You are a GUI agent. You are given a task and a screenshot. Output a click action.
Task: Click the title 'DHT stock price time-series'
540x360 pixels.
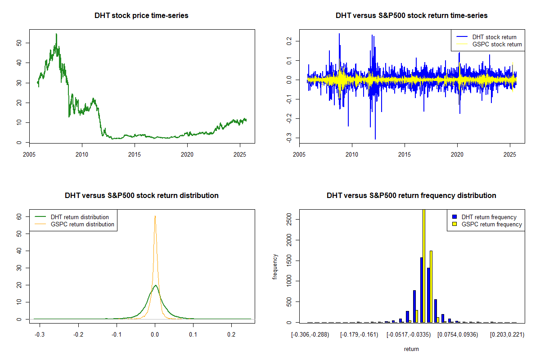pyautogui.click(x=141, y=15)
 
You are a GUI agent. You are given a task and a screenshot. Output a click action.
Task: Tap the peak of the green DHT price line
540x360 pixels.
pyautogui.click(x=56, y=34)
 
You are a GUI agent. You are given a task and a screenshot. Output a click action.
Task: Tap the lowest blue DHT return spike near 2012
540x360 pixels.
pyautogui.click(x=375, y=139)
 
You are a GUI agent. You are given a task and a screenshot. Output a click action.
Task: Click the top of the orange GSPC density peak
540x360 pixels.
pyautogui.click(x=155, y=216)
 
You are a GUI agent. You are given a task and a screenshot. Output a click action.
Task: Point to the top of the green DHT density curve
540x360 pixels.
pyautogui.click(x=155, y=285)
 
